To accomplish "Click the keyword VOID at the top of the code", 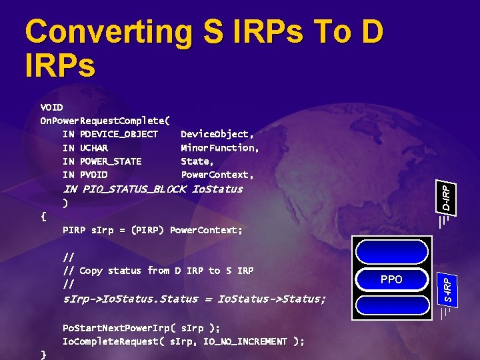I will pos(51,107).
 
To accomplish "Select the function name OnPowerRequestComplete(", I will pos(105,121).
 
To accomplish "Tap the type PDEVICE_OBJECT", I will pos(119,134).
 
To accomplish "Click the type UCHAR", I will pos(93,147).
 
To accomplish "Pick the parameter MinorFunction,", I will pos(220,147).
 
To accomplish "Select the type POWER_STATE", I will pos(110,161).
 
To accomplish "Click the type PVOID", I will pos(93,175).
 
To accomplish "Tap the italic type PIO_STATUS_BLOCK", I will pos(134,189).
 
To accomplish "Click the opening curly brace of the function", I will pos(43,216).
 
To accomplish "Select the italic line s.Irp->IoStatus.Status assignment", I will pos(194,299).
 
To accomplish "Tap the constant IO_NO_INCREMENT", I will pos(250,341).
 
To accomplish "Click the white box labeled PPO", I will pos(391,279).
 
